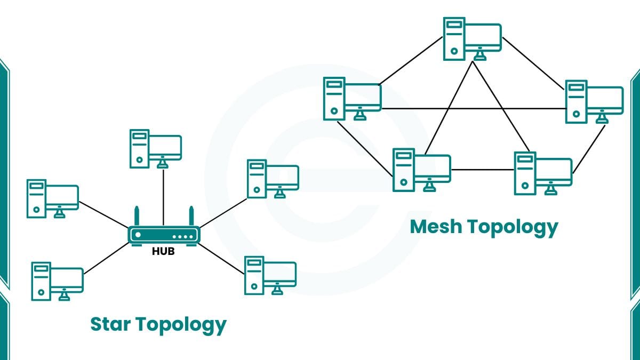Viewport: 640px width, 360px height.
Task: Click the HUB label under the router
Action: pos(163,252)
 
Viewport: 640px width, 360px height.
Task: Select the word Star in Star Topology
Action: pos(110,324)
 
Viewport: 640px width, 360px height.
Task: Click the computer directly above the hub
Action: pos(156,148)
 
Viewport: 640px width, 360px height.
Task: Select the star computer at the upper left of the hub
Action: pos(53,198)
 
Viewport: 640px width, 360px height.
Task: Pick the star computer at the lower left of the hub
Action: pos(58,281)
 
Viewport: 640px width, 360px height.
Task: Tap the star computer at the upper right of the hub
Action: pos(273,178)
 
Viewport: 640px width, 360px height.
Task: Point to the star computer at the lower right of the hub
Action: pos(270,275)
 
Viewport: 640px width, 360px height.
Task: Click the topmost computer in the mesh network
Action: pos(473,38)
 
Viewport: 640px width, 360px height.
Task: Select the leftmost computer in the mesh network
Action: pos(353,98)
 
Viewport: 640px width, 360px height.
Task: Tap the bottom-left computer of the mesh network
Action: pos(422,169)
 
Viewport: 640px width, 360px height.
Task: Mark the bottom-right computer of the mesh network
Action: pos(543,173)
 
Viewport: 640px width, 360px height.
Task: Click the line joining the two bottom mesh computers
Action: pos(482,170)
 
